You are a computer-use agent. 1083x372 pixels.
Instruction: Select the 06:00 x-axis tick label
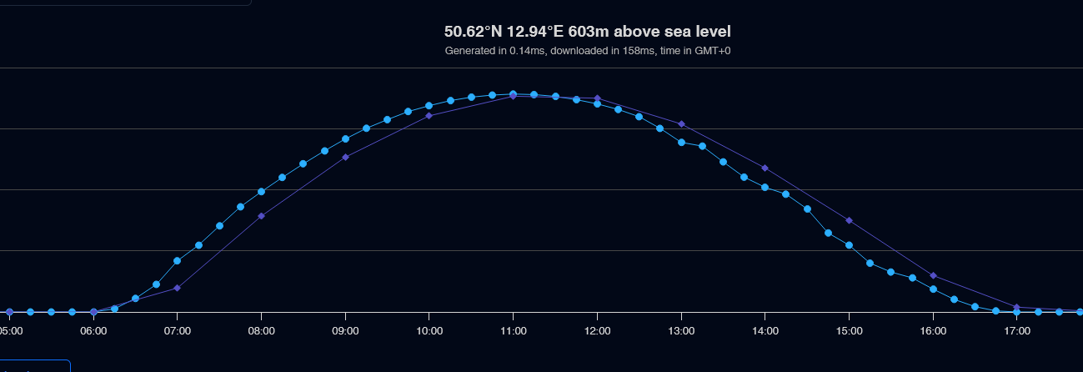(x=93, y=331)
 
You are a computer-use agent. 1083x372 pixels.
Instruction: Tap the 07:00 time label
(x=178, y=331)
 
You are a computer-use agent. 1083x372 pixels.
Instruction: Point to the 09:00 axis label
(x=345, y=331)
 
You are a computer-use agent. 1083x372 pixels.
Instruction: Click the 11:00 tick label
(x=513, y=331)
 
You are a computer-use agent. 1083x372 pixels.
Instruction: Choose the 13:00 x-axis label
(x=681, y=331)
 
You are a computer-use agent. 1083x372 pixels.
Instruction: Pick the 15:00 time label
(x=849, y=331)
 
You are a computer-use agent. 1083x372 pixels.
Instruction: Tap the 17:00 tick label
(x=1017, y=331)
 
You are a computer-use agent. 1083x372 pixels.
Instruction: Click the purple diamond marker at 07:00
(x=178, y=288)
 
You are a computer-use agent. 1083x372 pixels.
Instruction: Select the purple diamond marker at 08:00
(x=261, y=216)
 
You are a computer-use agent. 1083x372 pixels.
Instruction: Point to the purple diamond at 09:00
(x=345, y=157)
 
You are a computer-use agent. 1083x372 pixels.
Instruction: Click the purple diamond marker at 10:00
(x=429, y=115)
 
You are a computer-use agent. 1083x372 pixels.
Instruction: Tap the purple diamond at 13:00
(x=681, y=123)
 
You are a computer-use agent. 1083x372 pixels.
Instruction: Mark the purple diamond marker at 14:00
(x=765, y=168)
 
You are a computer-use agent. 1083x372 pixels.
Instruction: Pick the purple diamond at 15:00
(x=849, y=220)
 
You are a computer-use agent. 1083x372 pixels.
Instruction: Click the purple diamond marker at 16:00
(x=933, y=275)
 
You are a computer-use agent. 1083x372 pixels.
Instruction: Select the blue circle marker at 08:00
(x=261, y=191)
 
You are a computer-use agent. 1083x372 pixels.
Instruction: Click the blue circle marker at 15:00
(x=849, y=244)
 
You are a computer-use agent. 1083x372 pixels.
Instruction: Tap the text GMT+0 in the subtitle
(x=713, y=51)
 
